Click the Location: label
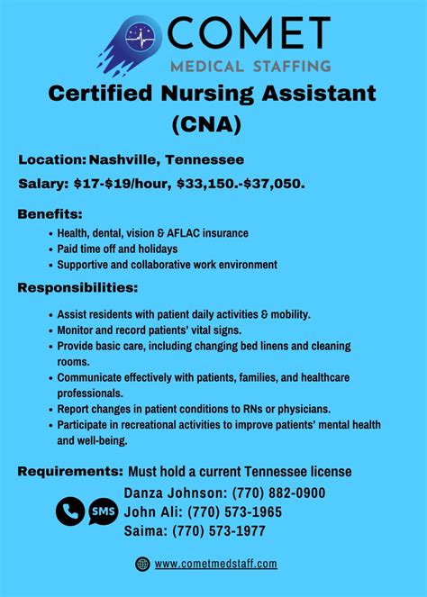(x=52, y=160)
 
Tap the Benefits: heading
(x=50, y=214)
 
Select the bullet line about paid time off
(x=117, y=249)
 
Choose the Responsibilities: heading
(x=77, y=288)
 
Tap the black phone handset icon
(x=69, y=511)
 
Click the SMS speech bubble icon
(x=103, y=511)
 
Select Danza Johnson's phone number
(x=279, y=493)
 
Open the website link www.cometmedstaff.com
(x=215, y=564)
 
